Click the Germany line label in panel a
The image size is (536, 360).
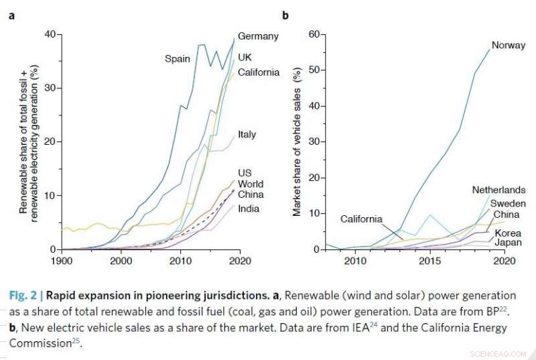(x=258, y=36)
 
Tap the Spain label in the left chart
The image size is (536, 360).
(x=178, y=59)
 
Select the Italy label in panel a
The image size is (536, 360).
(x=247, y=134)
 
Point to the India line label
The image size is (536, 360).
(x=248, y=208)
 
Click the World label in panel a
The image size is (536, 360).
(x=251, y=184)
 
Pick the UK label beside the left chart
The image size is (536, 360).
(x=245, y=58)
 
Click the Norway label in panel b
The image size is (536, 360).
(x=508, y=46)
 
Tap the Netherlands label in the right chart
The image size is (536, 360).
(x=498, y=190)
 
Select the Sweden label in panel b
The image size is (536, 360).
(x=508, y=203)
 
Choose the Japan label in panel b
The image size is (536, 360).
(x=509, y=243)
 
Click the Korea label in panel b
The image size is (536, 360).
(x=508, y=233)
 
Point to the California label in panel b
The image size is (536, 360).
(x=361, y=219)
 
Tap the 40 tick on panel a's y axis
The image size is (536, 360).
(x=50, y=34)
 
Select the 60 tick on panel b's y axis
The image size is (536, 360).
(x=313, y=34)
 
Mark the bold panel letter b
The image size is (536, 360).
(x=285, y=15)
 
